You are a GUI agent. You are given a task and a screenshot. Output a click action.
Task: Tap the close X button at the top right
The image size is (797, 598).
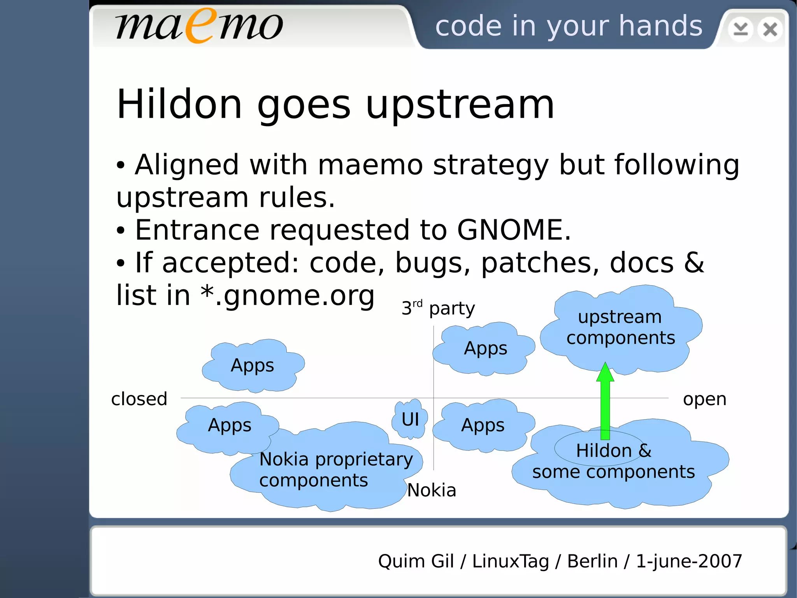tap(770, 29)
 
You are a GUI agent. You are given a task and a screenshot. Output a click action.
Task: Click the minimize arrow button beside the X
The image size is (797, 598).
tap(741, 29)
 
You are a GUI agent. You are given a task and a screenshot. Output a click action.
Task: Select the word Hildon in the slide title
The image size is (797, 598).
tap(179, 104)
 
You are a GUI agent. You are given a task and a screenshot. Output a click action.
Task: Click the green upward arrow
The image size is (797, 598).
tap(605, 401)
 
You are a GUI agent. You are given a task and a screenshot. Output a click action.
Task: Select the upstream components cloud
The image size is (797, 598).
tap(620, 328)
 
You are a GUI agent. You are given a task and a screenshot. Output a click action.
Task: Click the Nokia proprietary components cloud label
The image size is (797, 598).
tap(335, 469)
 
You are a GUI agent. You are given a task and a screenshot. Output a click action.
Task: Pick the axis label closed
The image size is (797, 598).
tap(139, 399)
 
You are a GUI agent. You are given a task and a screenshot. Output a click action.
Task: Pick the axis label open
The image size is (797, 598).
tap(704, 399)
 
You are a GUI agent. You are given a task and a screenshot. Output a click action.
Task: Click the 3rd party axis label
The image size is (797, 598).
tap(438, 309)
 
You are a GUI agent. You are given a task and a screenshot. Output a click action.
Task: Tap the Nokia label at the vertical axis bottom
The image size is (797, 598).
tap(431, 490)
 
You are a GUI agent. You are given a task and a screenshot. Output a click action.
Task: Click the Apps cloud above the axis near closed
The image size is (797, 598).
tap(253, 365)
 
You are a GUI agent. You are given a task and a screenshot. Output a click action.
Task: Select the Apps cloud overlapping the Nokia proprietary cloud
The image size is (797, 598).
tap(230, 425)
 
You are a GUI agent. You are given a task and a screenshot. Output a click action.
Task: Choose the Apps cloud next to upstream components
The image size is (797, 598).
tap(485, 348)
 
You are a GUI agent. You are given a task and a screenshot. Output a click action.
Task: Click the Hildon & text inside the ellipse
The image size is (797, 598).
tap(613, 451)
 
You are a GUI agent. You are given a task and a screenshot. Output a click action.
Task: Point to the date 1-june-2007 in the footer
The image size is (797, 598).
tap(689, 561)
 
